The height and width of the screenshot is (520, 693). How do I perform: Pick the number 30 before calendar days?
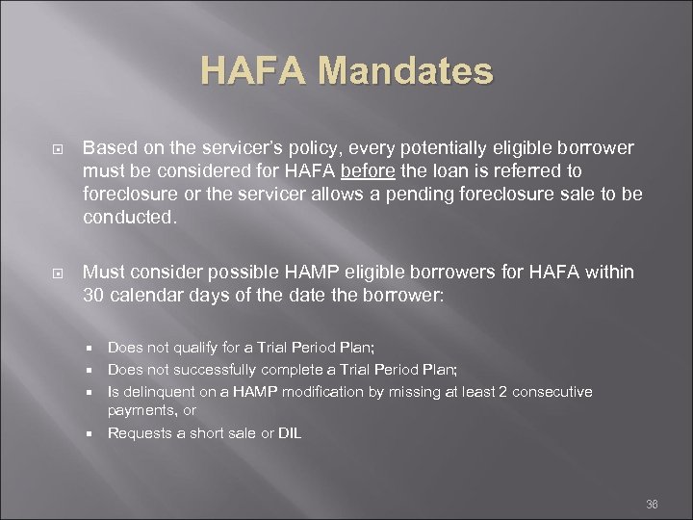(x=94, y=295)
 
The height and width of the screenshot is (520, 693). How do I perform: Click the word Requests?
(x=137, y=433)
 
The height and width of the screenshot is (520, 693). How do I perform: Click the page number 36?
(x=652, y=504)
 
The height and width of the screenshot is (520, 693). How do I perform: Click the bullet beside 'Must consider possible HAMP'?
(x=57, y=273)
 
